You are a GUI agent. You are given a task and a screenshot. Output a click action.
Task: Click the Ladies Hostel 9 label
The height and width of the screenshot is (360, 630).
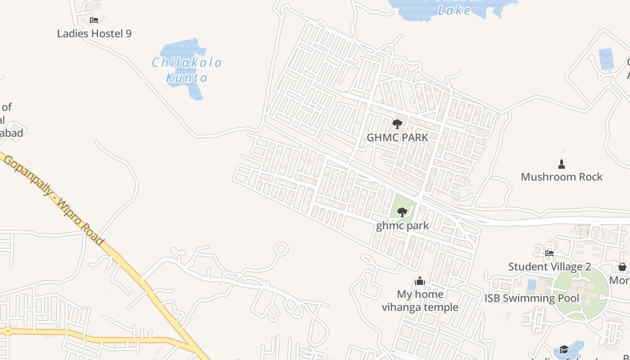pos(94,33)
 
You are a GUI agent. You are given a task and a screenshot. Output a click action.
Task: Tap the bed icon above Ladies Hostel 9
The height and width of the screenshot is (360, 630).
pos(94,20)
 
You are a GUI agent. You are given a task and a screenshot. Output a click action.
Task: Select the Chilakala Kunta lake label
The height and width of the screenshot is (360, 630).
pos(187,70)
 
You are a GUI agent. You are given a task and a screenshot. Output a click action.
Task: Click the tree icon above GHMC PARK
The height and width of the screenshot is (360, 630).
pos(397,124)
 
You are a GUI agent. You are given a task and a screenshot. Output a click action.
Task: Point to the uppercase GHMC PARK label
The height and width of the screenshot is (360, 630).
pos(397,137)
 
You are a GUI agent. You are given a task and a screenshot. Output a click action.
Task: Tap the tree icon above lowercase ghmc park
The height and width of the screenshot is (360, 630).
pos(402,212)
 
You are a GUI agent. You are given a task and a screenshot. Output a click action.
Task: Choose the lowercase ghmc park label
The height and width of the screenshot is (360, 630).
pos(402,225)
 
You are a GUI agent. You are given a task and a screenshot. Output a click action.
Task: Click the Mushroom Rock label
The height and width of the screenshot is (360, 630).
pos(561,177)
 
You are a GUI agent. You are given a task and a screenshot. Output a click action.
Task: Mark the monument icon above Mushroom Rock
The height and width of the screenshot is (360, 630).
pos(562,163)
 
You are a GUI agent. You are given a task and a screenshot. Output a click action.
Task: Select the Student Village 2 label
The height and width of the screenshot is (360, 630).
pos(549,266)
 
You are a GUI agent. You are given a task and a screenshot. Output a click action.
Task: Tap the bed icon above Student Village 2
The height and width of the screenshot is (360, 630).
pos(549,253)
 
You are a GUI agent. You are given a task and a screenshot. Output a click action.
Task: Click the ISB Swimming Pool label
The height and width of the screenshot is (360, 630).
pos(532,298)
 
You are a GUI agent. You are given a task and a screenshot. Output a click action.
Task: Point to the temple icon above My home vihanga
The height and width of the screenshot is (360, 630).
pos(420,281)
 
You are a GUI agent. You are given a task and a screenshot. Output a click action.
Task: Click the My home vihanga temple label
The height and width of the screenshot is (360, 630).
pos(420,301)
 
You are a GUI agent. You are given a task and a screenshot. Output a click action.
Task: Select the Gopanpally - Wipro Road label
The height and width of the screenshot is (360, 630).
pos(54,198)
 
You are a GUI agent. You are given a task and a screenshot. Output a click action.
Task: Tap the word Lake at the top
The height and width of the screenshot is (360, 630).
pos(454,10)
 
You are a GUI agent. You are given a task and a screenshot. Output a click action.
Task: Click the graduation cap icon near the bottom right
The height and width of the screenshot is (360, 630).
pos(564,350)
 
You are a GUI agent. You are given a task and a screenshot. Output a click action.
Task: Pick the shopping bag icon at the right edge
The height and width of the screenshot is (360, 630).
pos(622,267)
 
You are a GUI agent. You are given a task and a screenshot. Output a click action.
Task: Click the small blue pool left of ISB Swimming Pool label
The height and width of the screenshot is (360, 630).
pos(532,285)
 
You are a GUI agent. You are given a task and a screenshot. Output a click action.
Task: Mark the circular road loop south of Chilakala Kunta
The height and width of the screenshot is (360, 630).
pos(282,248)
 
